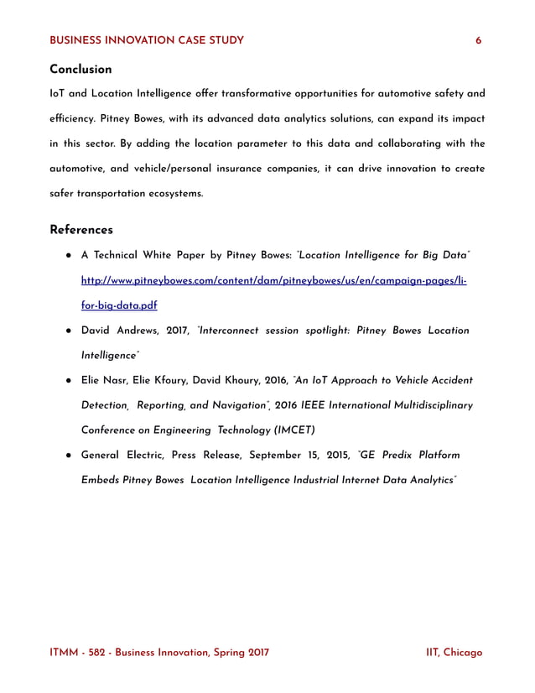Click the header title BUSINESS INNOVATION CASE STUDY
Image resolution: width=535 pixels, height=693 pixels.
147,40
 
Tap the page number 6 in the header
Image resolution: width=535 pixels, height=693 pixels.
479,40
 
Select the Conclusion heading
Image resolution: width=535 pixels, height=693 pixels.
81,69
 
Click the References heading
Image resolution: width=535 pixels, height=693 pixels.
81,229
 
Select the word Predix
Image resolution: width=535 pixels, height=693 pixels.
397,456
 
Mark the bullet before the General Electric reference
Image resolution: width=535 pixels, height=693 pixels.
67,456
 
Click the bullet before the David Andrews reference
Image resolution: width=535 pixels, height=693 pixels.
67,331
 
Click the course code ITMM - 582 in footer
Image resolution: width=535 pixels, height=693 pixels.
82,652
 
